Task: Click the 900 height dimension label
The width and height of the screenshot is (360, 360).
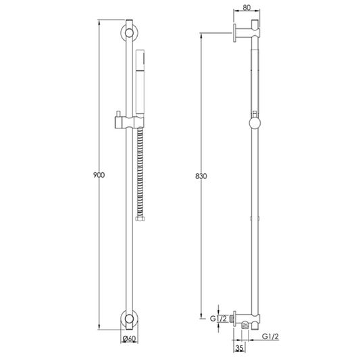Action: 99,175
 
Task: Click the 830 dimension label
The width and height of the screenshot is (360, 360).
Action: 201,176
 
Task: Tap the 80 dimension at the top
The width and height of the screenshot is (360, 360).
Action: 247,8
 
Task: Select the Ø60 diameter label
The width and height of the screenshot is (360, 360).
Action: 129,338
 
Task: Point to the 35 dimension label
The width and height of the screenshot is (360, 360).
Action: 239,348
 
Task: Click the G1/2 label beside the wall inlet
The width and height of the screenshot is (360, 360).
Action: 218,319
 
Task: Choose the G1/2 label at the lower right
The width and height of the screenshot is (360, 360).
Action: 270,336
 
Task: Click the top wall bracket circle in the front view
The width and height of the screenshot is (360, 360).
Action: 129,33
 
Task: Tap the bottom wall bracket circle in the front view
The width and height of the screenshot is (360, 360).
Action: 129,318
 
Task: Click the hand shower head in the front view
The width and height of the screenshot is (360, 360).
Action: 140,82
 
